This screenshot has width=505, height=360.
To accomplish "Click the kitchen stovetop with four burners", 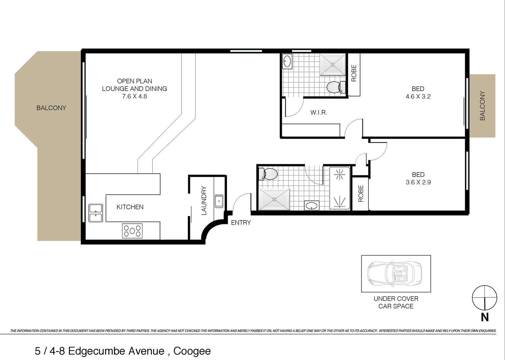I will point(133,231).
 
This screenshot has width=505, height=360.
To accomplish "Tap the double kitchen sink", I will point(96,213).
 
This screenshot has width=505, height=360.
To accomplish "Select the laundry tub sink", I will point(219,201).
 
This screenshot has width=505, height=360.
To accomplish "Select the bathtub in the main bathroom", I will point(339,188).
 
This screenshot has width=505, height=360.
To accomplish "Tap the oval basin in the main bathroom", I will point(312,206).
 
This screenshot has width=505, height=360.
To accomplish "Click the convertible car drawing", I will point(395,273).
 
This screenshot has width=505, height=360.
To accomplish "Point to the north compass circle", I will point(484,298).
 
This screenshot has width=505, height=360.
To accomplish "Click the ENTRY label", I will point(241,223).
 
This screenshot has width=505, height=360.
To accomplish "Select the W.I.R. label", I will point(318,113).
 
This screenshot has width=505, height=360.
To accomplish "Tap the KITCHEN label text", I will point(130,207).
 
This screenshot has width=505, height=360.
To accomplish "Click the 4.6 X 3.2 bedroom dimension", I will point(418,97).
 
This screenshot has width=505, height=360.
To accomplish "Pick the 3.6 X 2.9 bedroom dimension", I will point(418,182).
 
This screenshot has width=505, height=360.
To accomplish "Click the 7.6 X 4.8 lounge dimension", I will point(135,96).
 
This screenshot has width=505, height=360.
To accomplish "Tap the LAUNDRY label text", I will point(204,200).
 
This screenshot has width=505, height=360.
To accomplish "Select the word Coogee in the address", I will point(192,351).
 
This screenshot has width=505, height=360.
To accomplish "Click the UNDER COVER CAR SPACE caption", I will point(396,302).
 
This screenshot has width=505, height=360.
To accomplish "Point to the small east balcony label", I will point(482,106).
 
